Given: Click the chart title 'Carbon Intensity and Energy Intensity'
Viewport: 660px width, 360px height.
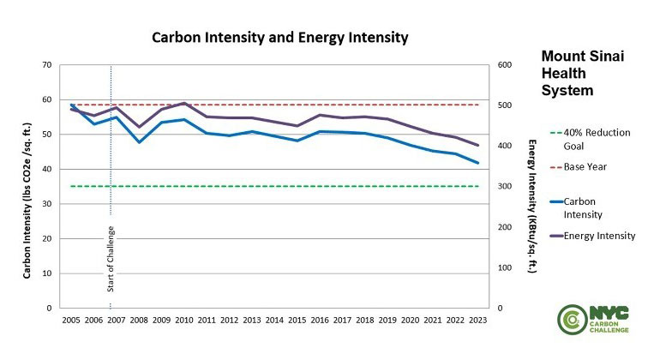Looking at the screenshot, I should [x=279, y=38].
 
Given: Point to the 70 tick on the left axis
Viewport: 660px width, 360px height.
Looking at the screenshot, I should [x=46, y=65].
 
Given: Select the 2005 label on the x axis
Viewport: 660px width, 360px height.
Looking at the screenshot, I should [x=71, y=320].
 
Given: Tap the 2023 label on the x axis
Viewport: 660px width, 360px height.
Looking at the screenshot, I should [x=477, y=320].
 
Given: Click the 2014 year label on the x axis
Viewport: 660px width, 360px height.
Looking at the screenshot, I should [x=274, y=320].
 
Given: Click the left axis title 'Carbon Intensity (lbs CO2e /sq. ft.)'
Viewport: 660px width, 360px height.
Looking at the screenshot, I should [x=27, y=186].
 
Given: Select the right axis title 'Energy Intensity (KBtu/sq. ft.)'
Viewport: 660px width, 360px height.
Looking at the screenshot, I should [x=531, y=206].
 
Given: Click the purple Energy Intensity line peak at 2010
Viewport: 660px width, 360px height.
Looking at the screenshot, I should [x=184, y=103].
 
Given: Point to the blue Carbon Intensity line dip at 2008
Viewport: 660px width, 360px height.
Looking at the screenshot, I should [x=139, y=141].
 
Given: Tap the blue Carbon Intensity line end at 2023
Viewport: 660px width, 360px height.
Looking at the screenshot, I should [x=477, y=163].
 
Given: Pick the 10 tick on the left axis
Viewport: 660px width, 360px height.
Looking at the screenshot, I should [x=46, y=273].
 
